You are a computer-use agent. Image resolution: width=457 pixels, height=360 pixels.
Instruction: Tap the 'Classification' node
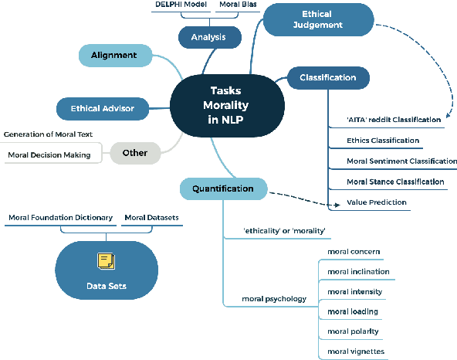(x=328, y=77)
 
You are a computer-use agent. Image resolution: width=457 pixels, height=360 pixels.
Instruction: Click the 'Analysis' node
(x=209, y=36)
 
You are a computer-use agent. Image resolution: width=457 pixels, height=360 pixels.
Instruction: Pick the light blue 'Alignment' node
(x=114, y=56)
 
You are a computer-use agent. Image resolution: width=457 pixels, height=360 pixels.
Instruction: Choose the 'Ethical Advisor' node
(x=102, y=108)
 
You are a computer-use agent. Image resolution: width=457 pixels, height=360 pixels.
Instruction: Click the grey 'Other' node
(x=134, y=153)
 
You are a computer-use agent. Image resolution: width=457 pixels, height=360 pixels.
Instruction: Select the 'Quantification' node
(x=223, y=188)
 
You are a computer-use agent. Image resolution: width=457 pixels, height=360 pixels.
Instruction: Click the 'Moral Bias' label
(x=237, y=5)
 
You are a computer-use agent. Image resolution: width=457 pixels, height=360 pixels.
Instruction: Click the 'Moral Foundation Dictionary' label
(x=60, y=218)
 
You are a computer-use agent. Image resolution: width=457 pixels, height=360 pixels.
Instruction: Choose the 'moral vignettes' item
(x=355, y=352)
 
